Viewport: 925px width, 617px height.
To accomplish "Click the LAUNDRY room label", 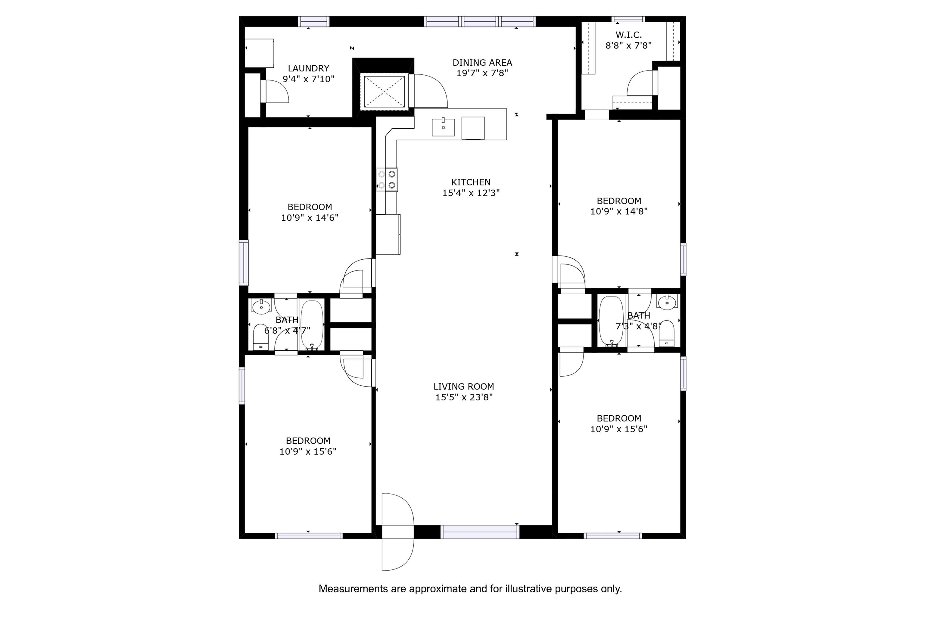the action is coord(308,68).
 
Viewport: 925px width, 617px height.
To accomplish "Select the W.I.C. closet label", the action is coord(628,35).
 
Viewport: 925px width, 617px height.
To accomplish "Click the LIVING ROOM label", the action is coord(464,387).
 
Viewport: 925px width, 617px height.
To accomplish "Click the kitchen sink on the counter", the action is coord(443,127).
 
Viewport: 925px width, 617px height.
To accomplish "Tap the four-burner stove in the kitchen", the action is coord(387,180).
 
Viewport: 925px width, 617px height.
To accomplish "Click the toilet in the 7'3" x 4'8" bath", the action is coord(666,333).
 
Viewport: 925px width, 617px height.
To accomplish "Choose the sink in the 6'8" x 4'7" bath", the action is coord(261,306).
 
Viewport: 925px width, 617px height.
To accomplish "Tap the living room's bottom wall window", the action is coord(480,532).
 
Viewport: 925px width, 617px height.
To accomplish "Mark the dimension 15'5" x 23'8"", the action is coord(464,397).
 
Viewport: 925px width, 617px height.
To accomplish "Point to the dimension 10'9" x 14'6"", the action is coord(310,218).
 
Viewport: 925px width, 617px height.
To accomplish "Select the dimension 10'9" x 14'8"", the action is coord(619,211).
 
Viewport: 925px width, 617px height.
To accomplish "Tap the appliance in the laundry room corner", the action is coord(259,53).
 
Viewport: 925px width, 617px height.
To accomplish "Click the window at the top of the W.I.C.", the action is coord(628,19).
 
